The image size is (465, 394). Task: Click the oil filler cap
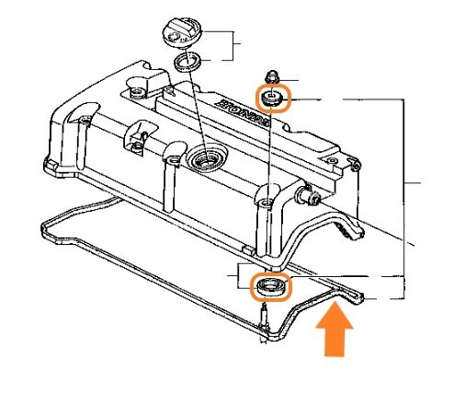pos(181,33)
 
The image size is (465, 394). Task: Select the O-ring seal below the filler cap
pos(187,62)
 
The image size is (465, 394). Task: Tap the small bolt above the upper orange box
pos(272,77)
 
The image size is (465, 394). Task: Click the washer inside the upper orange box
pos(272,98)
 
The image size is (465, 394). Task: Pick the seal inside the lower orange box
pos(270,287)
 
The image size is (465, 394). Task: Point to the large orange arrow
pos(335,329)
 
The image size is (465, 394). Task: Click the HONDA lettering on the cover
pos(244,112)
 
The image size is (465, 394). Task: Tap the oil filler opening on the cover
pos(206,159)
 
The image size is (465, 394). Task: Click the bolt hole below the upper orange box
pos(267,203)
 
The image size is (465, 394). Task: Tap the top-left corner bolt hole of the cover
pos(136,92)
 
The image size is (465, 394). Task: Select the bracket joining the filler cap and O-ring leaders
pos(233,45)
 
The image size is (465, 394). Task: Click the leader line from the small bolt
pos(289,80)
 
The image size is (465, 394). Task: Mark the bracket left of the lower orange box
pos(238,275)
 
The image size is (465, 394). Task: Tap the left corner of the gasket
pos(43,226)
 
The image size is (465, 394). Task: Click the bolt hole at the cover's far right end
pos(332,160)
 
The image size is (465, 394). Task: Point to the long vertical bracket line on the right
pos(404,199)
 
